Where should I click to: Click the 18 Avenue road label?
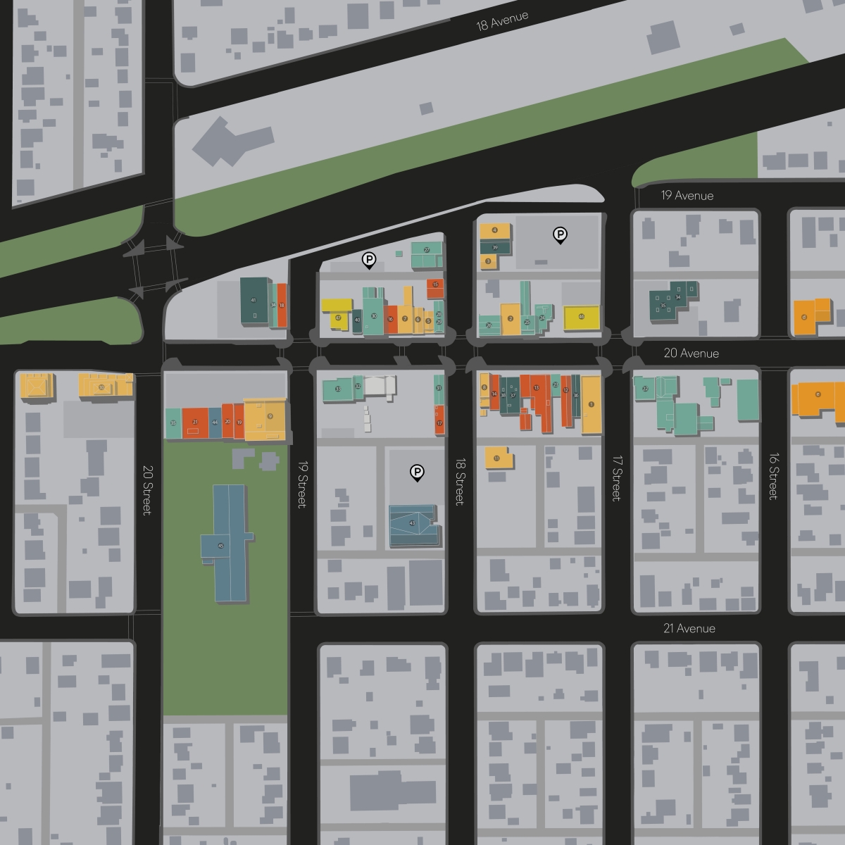tap(502, 21)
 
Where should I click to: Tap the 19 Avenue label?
tap(687, 196)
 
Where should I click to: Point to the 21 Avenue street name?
tap(689, 628)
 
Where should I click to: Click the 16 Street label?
tap(773, 475)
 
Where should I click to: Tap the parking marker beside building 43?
tap(417, 472)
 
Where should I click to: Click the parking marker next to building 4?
tap(560, 234)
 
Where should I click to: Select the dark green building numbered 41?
tap(254, 301)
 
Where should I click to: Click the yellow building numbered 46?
tap(582, 317)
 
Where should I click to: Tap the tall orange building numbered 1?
tap(591, 404)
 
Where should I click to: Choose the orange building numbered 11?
tap(498, 458)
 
